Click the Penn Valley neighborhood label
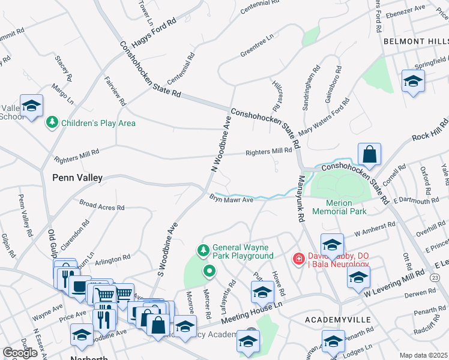coord(77,178)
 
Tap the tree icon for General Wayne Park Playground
coord(203,249)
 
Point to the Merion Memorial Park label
coord(339,208)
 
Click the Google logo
coord(20,353)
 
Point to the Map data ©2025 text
coord(423,355)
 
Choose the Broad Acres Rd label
coord(101,206)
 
